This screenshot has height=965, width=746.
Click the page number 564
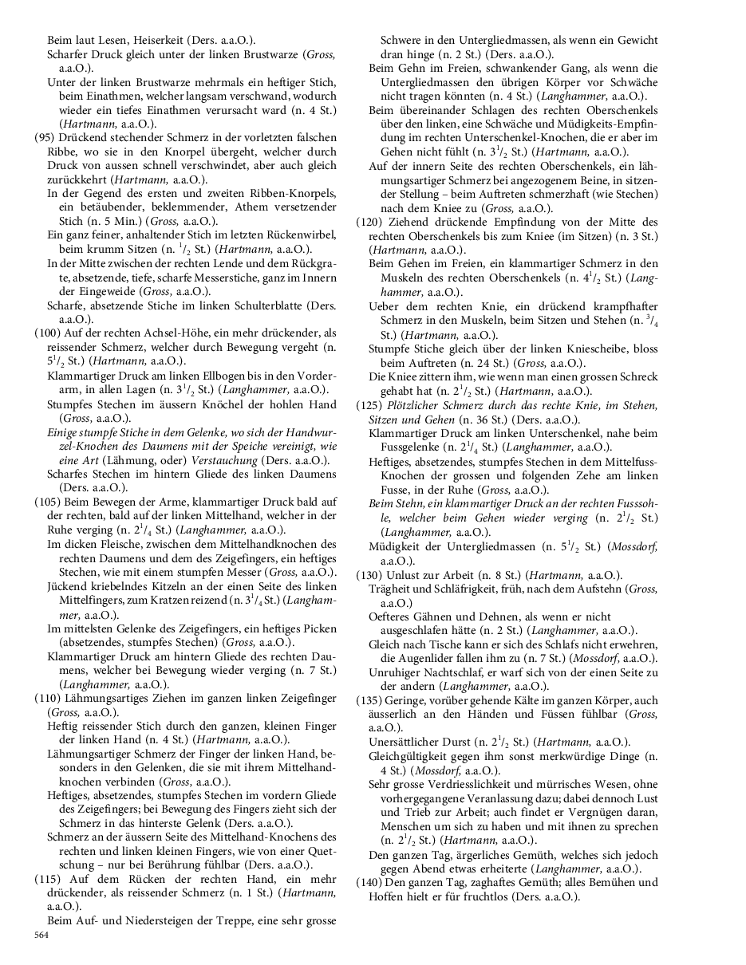[x=41, y=935]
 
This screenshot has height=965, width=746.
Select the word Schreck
[x=635, y=377]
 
